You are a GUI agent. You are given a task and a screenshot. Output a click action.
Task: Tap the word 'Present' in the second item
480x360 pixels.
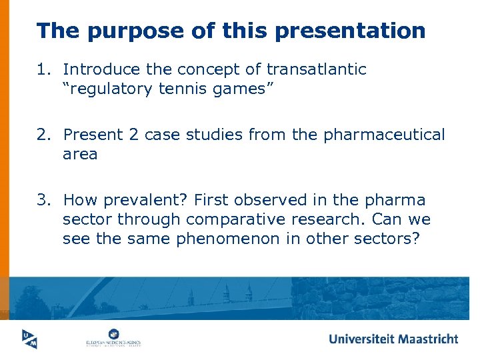tap(91, 135)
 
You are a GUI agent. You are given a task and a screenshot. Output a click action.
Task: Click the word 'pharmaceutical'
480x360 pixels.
tap(384, 135)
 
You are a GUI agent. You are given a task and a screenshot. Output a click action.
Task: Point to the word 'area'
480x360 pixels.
tap(80, 155)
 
